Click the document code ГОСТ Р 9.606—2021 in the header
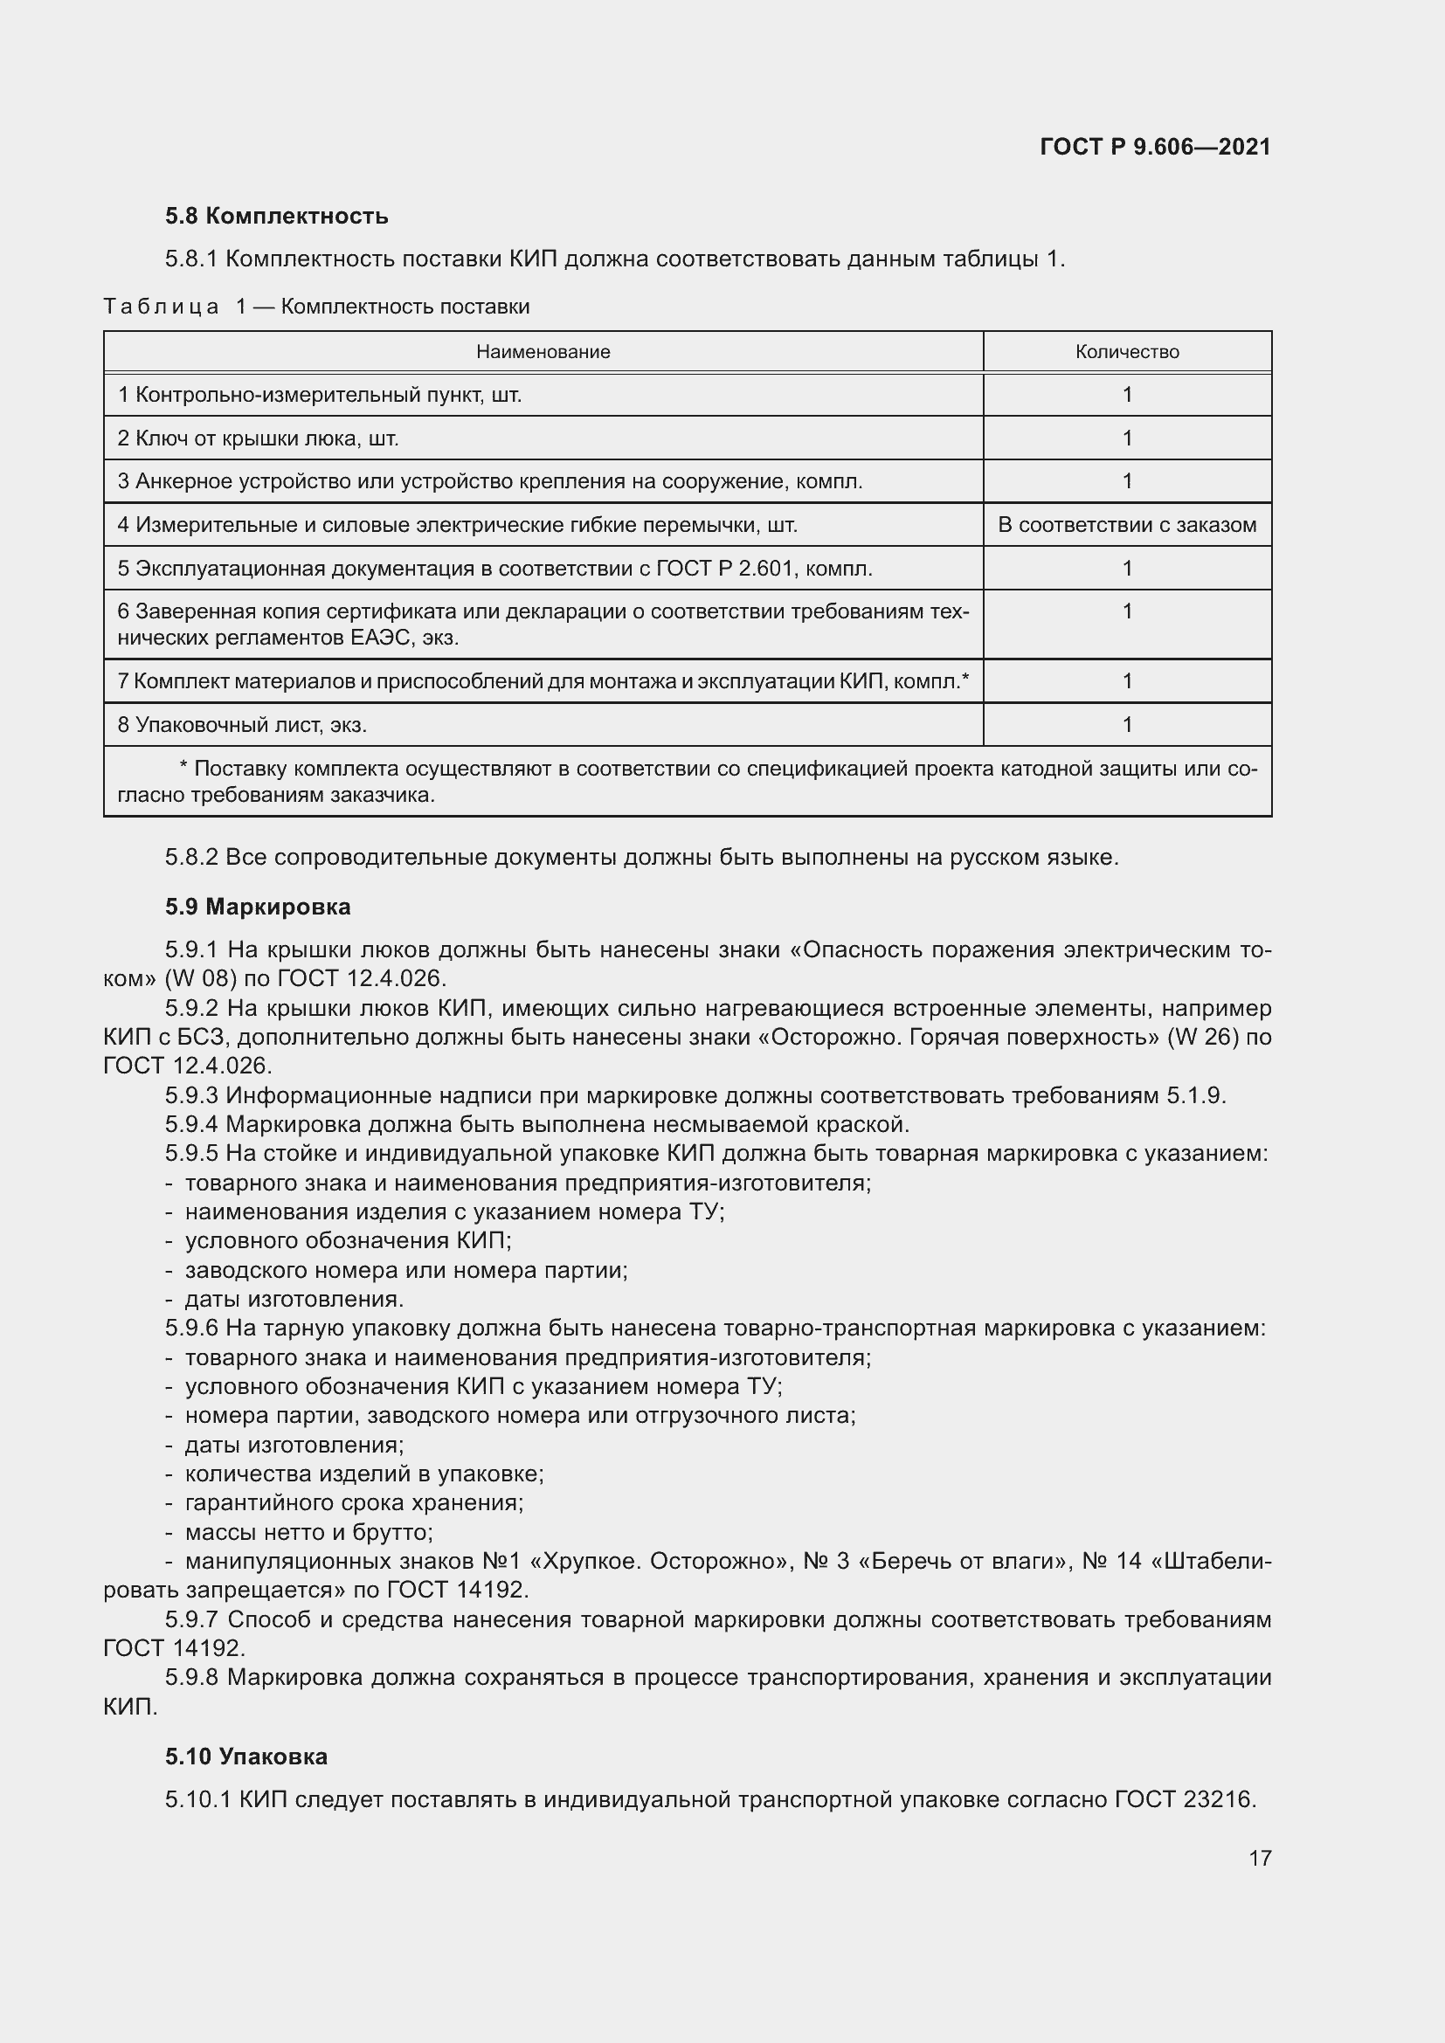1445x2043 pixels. click(1154, 148)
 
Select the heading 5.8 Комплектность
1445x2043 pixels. click(277, 217)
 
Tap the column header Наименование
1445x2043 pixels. click(543, 351)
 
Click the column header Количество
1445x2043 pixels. click(1126, 351)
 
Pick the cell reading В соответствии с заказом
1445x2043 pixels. click(1126, 525)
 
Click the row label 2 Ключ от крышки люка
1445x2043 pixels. click(258, 438)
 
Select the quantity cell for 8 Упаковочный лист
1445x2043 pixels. click(1126, 724)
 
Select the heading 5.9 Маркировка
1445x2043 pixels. click(258, 907)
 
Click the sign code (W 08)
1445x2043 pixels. click(200, 979)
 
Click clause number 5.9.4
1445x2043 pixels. click(191, 1125)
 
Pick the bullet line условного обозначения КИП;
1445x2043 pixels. click(348, 1240)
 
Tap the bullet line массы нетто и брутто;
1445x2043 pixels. click(308, 1532)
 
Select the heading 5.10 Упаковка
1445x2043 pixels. click(246, 1757)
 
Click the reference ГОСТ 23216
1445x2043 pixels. click(1185, 1800)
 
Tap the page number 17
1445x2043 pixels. click(1260, 1858)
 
